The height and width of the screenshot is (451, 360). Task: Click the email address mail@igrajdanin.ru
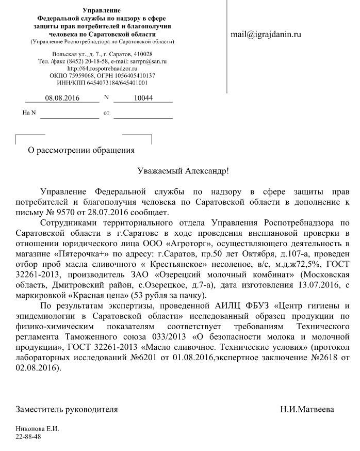point(266,35)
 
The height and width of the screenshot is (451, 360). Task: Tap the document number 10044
point(143,98)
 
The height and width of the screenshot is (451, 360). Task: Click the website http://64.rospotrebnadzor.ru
point(102,69)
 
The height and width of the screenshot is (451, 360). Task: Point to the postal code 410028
point(141,55)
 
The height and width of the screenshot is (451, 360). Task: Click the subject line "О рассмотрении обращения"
point(81,150)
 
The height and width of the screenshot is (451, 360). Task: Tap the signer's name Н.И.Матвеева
point(307,409)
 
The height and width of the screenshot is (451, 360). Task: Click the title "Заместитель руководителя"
point(67,409)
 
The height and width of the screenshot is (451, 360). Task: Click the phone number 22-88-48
point(28,437)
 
